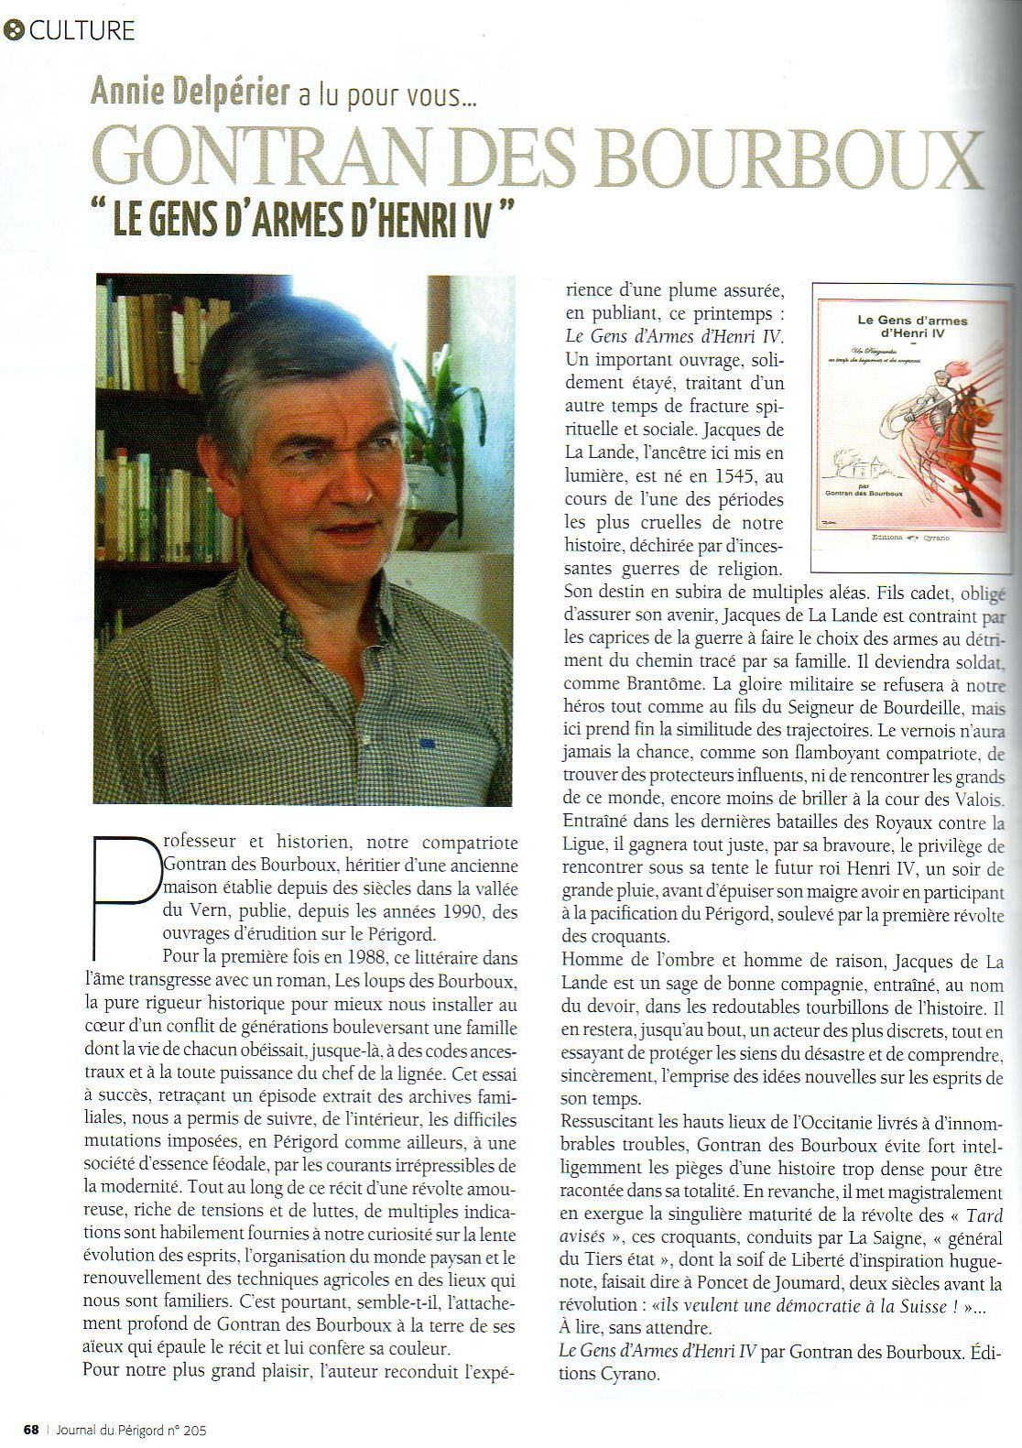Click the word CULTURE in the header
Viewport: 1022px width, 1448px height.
pyautogui.click(x=82, y=30)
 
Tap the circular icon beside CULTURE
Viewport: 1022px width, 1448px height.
pyautogui.click(x=15, y=30)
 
